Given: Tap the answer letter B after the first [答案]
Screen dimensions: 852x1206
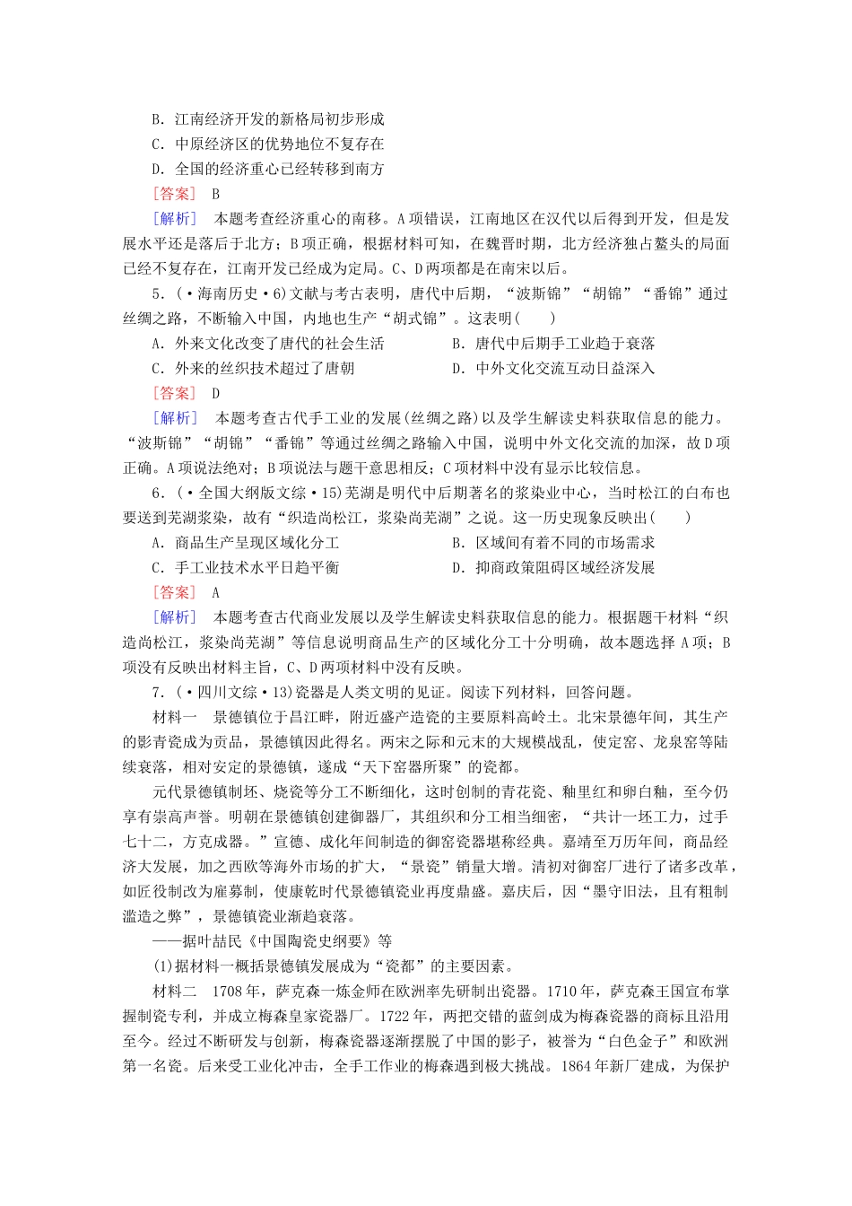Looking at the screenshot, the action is pos(216,193).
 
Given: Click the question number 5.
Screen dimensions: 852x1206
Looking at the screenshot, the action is pos(157,293).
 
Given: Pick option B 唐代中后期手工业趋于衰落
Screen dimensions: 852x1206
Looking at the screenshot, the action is pos(553,343).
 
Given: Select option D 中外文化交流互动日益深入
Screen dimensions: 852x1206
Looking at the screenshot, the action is pos(553,368).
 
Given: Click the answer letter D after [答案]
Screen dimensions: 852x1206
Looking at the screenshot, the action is pos(216,393).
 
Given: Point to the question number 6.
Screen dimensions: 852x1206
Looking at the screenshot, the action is pos(157,493).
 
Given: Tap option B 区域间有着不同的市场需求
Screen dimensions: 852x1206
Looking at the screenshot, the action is pos(553,542).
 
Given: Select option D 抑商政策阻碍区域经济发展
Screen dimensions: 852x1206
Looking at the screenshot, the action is pos(553,567).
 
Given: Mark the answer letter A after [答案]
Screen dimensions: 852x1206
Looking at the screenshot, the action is pos(216,592).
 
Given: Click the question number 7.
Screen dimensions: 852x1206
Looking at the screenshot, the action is pos(157,692).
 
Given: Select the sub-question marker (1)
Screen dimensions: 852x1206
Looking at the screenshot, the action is pos(162,966).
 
